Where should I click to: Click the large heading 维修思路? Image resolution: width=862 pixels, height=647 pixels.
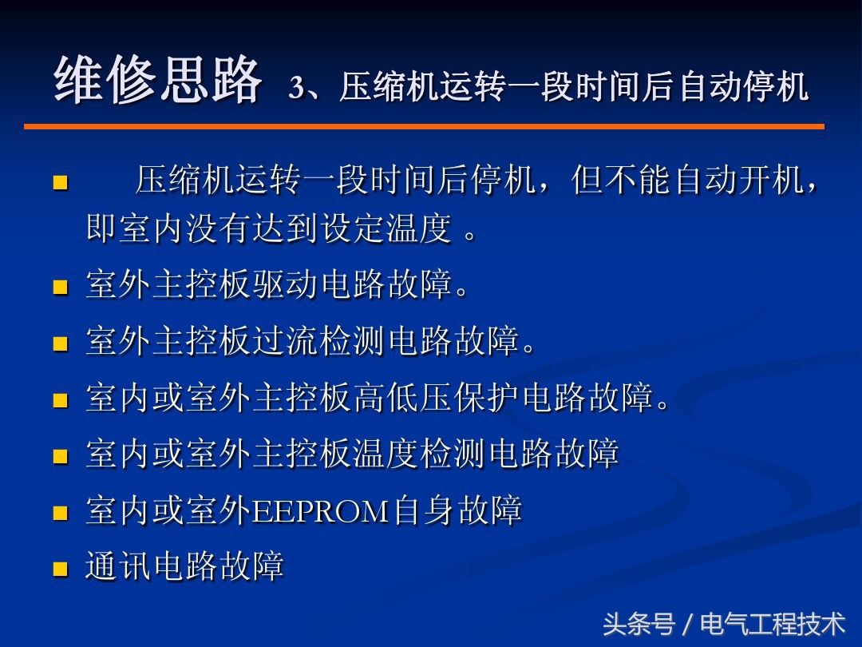tap(157, 81)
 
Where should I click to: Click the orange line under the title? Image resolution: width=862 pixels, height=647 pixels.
tap(423, 126)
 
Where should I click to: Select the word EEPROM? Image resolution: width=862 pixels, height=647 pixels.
tap(321, 511)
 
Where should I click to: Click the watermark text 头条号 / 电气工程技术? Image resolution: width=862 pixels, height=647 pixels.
tap(723, 624)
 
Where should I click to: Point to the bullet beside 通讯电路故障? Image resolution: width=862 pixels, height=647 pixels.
tap(59, 570)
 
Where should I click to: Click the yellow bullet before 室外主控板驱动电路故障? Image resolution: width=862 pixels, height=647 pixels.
tap(59, 287)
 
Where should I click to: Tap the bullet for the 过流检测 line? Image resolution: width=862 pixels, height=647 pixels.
tap(59, 344)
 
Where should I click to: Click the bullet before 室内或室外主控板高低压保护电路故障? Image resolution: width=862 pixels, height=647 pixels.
tap(59, 400)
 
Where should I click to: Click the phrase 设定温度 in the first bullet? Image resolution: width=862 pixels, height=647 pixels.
tap(386, 229)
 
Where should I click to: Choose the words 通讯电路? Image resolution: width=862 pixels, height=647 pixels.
tap(152, 568)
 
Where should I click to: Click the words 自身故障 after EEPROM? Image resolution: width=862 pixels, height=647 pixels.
tap(458, 511)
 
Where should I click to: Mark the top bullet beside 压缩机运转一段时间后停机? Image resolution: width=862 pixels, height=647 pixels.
tap(59, 184)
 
